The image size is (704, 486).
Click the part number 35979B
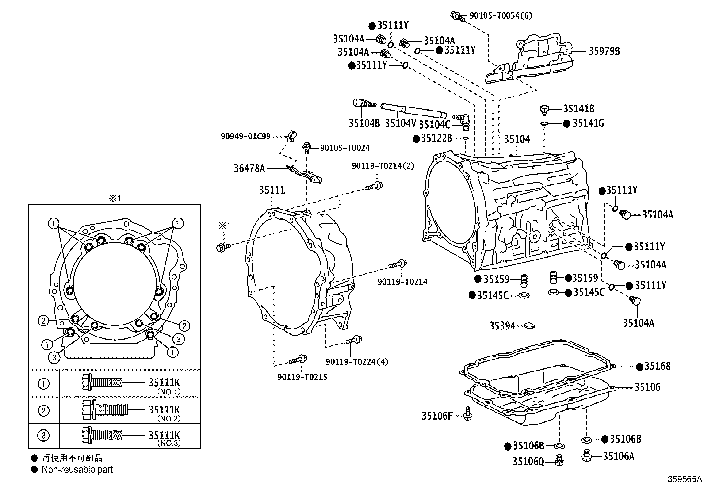coord(604,51)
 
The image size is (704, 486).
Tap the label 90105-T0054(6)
coord(501,15)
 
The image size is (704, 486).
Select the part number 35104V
coord(400,123)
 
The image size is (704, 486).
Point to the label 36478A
coord(249,168)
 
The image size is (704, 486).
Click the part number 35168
coord(658,366)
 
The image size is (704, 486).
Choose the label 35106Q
coord(528,461)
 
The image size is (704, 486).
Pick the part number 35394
coord(502,326)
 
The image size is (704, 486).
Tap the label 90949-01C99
coord(245,137)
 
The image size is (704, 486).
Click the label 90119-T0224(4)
coord(357,362)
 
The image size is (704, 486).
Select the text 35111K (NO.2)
coord(165,413)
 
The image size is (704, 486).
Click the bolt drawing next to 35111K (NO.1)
coord(102,382)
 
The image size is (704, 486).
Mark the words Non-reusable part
coord(77,469)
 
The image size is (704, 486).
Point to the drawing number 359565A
coord(685,479)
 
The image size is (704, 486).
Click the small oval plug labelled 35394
coord(530,325)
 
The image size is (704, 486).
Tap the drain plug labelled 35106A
coord(586,455)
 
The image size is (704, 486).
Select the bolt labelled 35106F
coord(468,414)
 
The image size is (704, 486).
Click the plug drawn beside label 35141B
coord(544,110)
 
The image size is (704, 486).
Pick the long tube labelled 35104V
coord(413,110)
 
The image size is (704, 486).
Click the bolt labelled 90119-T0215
coord(298,360)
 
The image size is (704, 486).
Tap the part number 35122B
coord(436,138)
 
